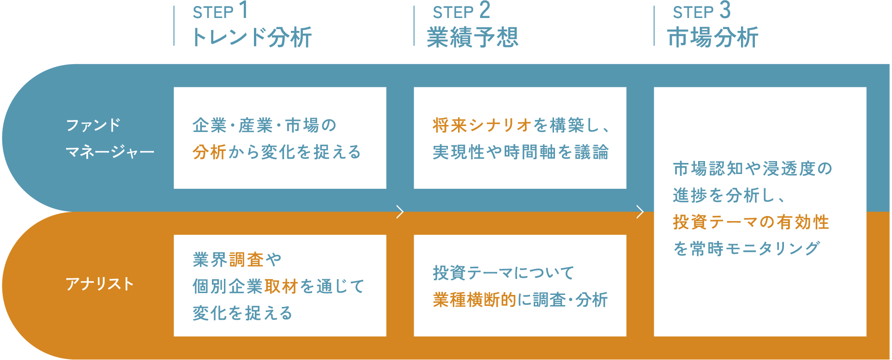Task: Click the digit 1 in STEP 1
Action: [243, 11]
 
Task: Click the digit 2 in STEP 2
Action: [484, 11]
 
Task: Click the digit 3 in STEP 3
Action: [725, 11]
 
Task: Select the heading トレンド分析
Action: [252, 37]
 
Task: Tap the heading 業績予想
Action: [473, 37]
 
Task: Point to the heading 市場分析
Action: [713, 37]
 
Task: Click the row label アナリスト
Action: [100, 284]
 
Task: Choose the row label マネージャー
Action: [110, 152]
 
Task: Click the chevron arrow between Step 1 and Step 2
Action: [400, 212]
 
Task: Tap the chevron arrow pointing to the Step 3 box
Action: [640, 212]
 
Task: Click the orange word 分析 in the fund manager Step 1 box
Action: [210, 152]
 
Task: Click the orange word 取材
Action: [281, 287]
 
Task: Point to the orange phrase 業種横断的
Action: [474, 300]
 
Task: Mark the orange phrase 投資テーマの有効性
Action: [751, 222]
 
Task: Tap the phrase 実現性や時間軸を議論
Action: [521, 152]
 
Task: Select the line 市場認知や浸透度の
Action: [753, 169]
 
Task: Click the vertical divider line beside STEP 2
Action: [414, 26]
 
